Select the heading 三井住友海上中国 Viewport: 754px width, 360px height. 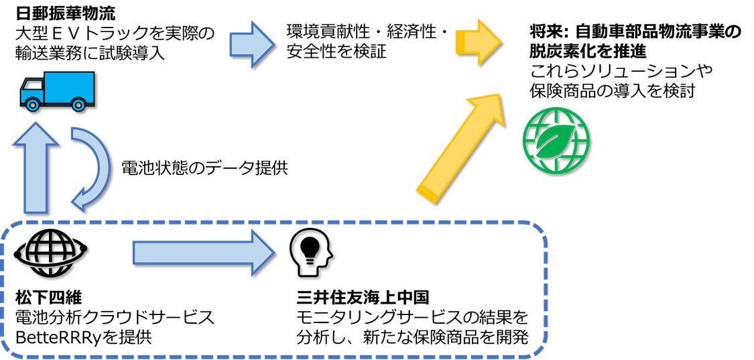coord(361,296)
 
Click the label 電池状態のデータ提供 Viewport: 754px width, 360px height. coord(204,167)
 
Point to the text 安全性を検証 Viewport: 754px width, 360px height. coord(336,51)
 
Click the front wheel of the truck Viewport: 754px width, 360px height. coord(31,103)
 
